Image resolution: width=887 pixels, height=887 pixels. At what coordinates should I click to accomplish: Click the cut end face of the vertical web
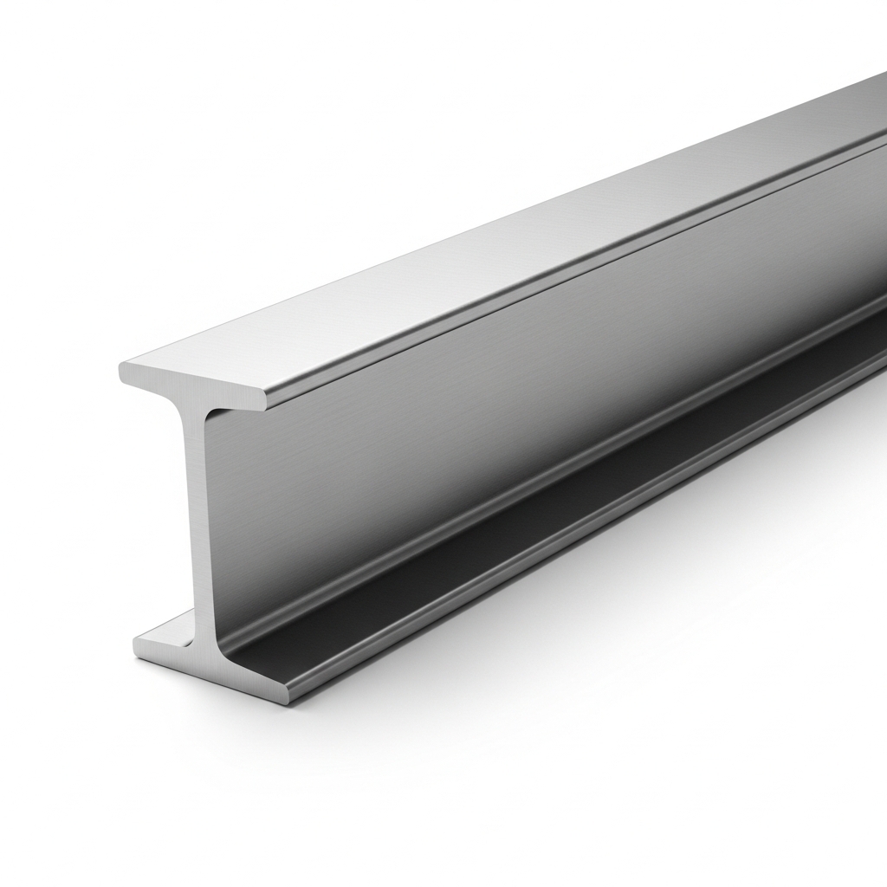click(197, 520)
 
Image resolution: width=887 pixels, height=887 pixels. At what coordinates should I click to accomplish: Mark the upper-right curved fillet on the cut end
click(213, 414)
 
